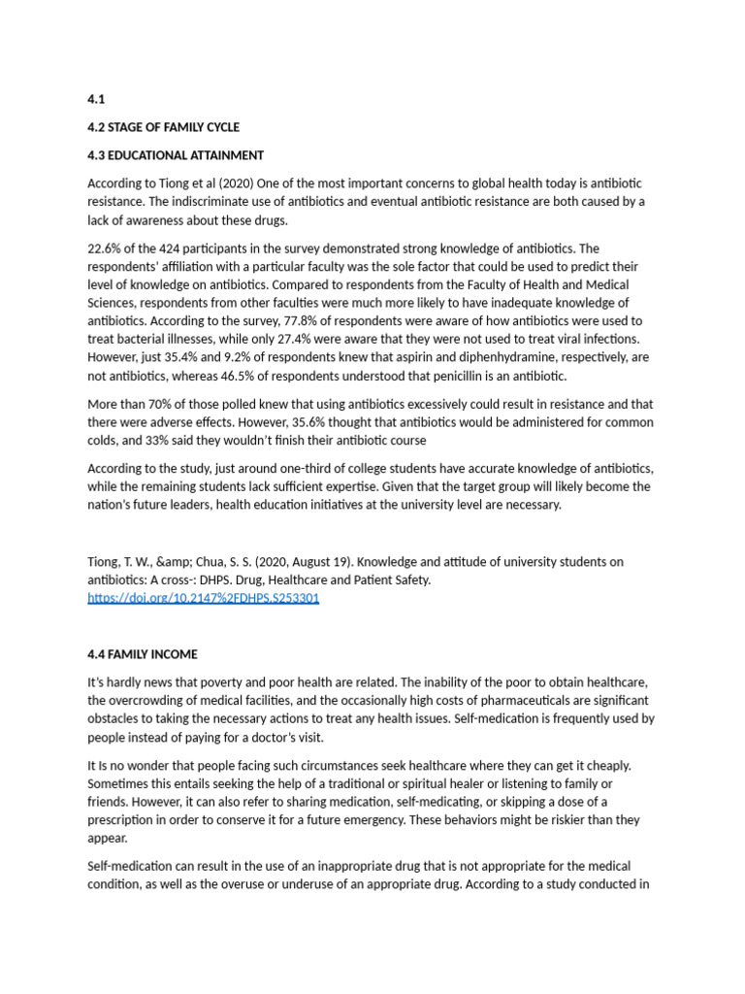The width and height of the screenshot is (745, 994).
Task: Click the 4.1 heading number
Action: [x=95, y=99]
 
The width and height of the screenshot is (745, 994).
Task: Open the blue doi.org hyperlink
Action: [x=203, y=598]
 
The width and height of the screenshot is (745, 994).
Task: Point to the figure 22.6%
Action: [x=105, y=249]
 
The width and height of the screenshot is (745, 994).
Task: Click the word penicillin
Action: [x=470, y=376]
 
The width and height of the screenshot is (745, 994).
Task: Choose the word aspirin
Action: [x=402, y=357]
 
